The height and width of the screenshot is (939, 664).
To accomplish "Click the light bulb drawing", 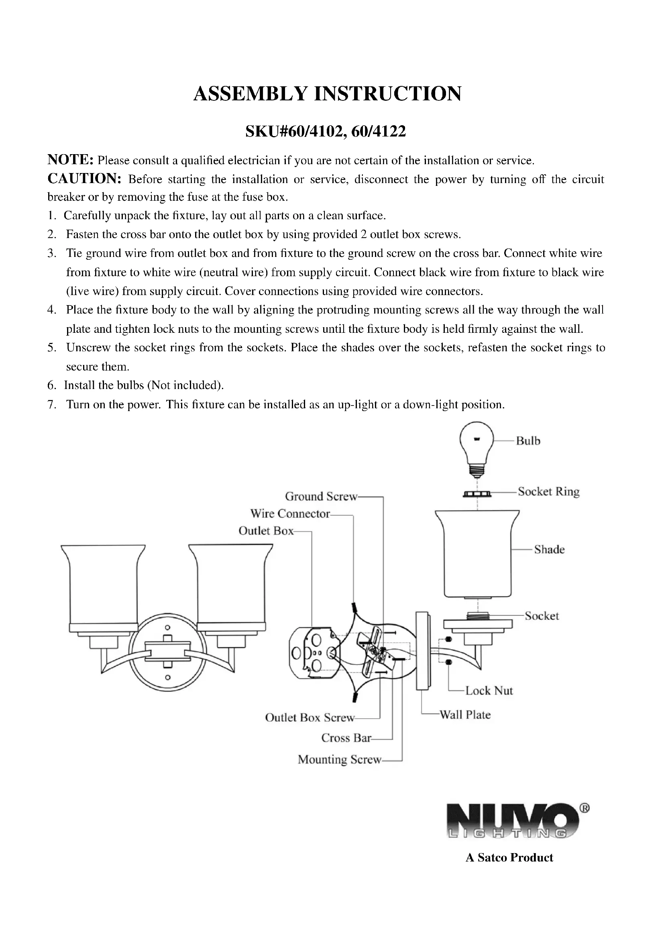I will (x=477, y=449).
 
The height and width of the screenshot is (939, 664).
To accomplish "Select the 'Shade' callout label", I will (x=549, y=549).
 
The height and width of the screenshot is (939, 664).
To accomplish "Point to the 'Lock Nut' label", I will (x=489, y=691).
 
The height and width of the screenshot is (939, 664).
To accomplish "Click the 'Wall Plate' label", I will (x=465, y=715).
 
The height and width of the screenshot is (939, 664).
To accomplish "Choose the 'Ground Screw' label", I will (x=321, y=497).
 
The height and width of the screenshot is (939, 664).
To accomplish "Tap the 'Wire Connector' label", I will (x=290, y=514).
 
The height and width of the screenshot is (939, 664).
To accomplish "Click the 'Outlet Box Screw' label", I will (x=310, y=718).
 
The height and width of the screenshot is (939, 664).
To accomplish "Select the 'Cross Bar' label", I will (x=346, y=738).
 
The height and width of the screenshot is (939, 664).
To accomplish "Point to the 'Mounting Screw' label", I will (x=339, y=760).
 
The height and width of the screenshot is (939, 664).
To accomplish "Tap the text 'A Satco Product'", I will (x=509, y=857).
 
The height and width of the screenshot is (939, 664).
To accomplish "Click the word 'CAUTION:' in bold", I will (x=84, y=179).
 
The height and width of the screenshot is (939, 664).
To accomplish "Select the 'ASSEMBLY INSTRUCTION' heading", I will (x=328, y=94).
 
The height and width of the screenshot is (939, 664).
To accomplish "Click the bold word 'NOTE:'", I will (x=71, y=159).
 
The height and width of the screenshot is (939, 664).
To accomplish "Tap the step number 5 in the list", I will (x=51, y=348).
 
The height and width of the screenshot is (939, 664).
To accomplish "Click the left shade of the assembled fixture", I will (x=103, y=585).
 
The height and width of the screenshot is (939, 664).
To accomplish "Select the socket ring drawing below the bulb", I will (x=477, y=495).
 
